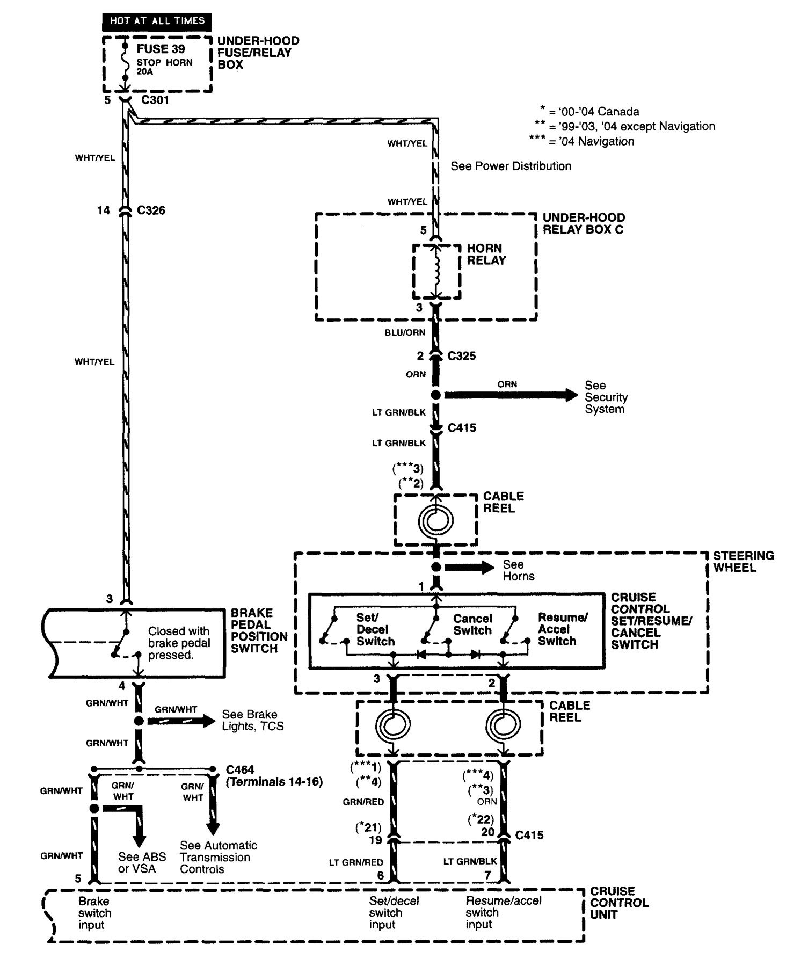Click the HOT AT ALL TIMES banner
[x=157, y=21]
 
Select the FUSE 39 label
[x=161, y=49]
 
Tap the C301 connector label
[x=155, y=100]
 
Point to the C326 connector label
[x=151, y=210]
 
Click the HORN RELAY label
[x=486, y=255]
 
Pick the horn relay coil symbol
[x=436, y=271]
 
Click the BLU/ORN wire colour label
[x=405, y=332]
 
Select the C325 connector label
[x=462, y=356]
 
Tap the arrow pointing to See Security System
[x=510, y=395]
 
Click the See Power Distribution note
[x=511, y=166]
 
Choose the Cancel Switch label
[x=472, y=624]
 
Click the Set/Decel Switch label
[x=375, y=629]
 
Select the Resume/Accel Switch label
[x=562, y=629]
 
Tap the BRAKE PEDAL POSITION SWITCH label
[x=259, y=630]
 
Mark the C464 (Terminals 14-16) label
[x=274, y=776]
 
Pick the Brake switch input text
[x=94, y=913]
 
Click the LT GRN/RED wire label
[x=356, y=862]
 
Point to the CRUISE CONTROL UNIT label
[x=619, y=903]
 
